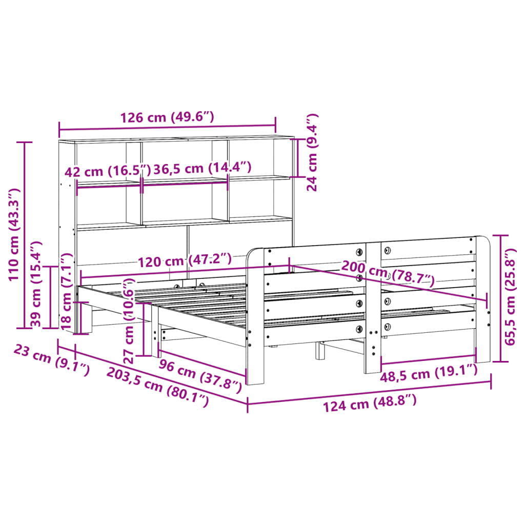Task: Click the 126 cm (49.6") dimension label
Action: [167, 117]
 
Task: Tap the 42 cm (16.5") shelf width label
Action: [108, 171]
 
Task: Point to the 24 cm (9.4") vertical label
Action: [312, 153]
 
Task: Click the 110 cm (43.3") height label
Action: [14, 234]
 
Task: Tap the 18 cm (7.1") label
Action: [66, 292]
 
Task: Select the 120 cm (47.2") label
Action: [185, 261]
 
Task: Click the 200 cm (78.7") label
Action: [388, 276]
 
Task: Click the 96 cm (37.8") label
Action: [199, 374]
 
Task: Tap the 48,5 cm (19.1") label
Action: [428, 374]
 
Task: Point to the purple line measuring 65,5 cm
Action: [499, 298]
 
